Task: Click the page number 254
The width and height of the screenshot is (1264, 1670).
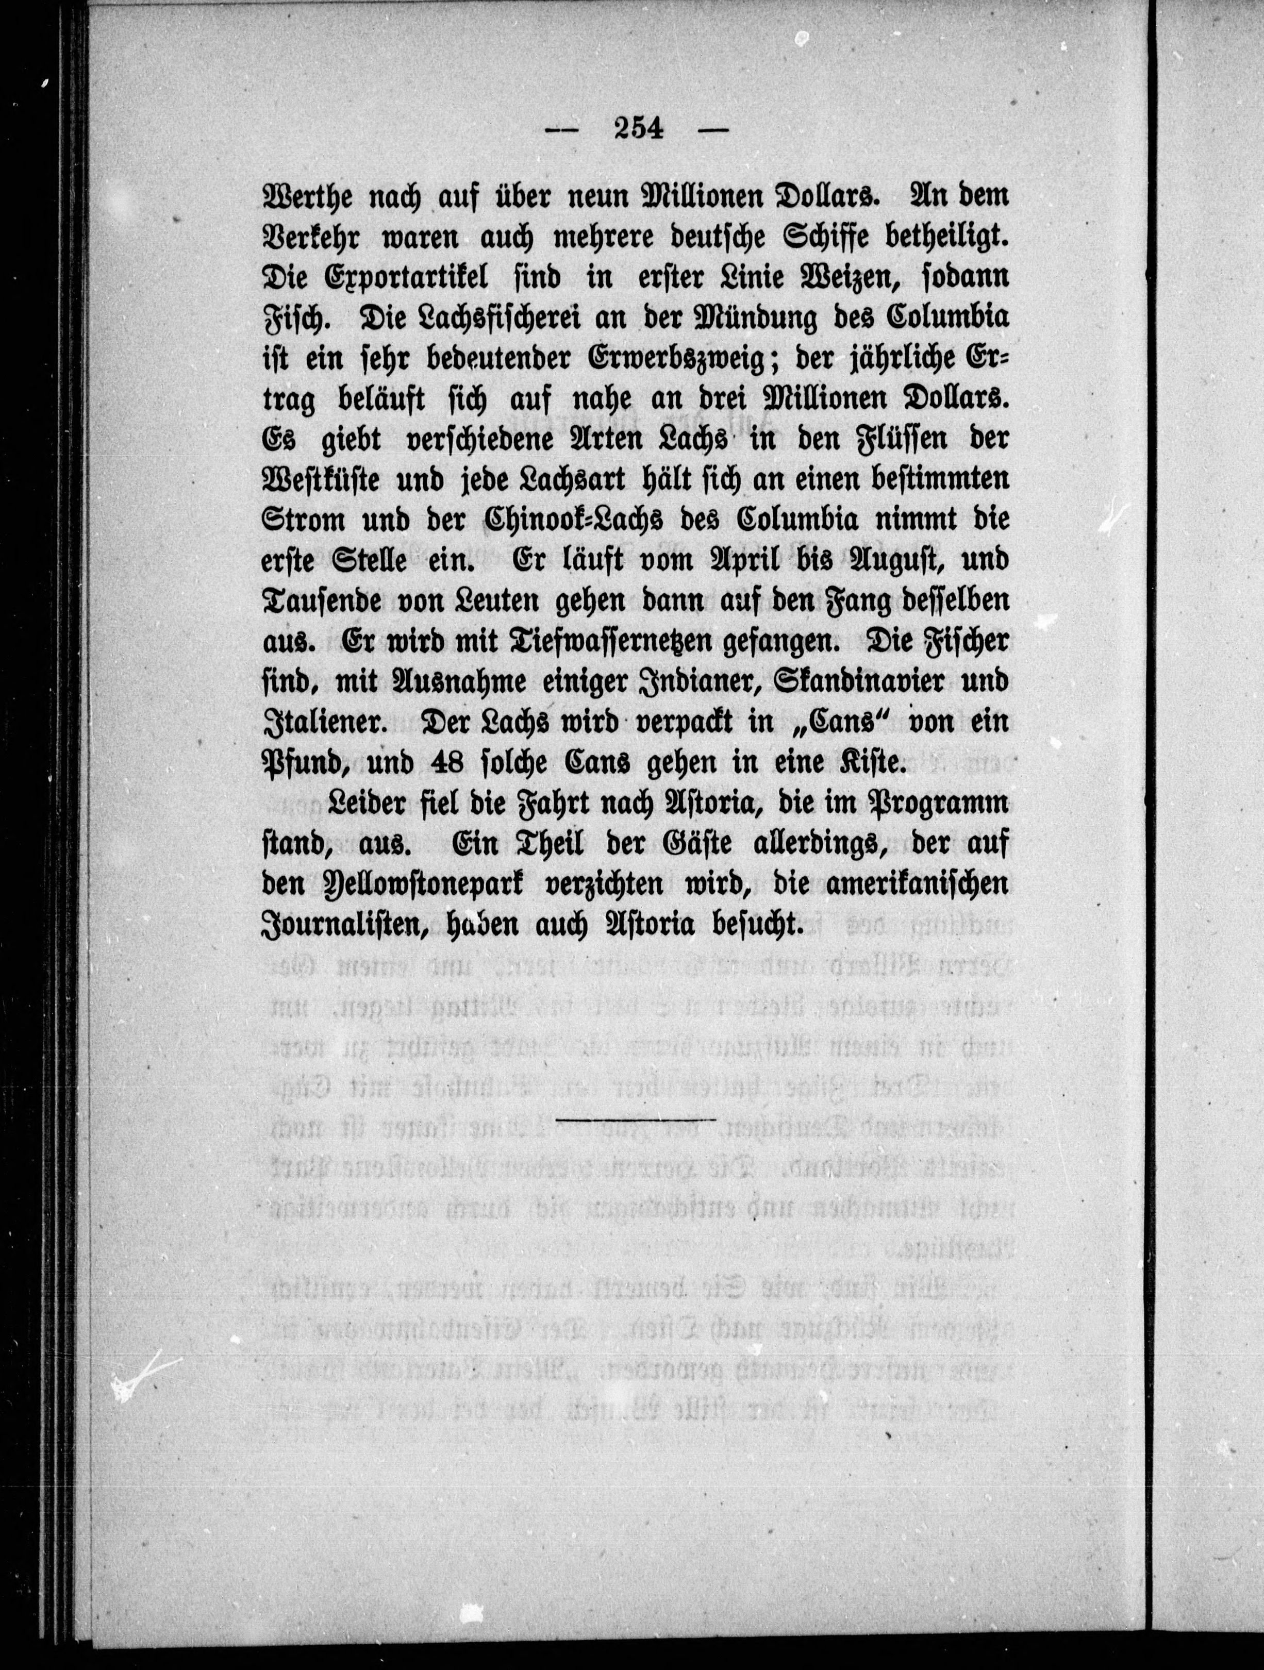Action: pos(638,129)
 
